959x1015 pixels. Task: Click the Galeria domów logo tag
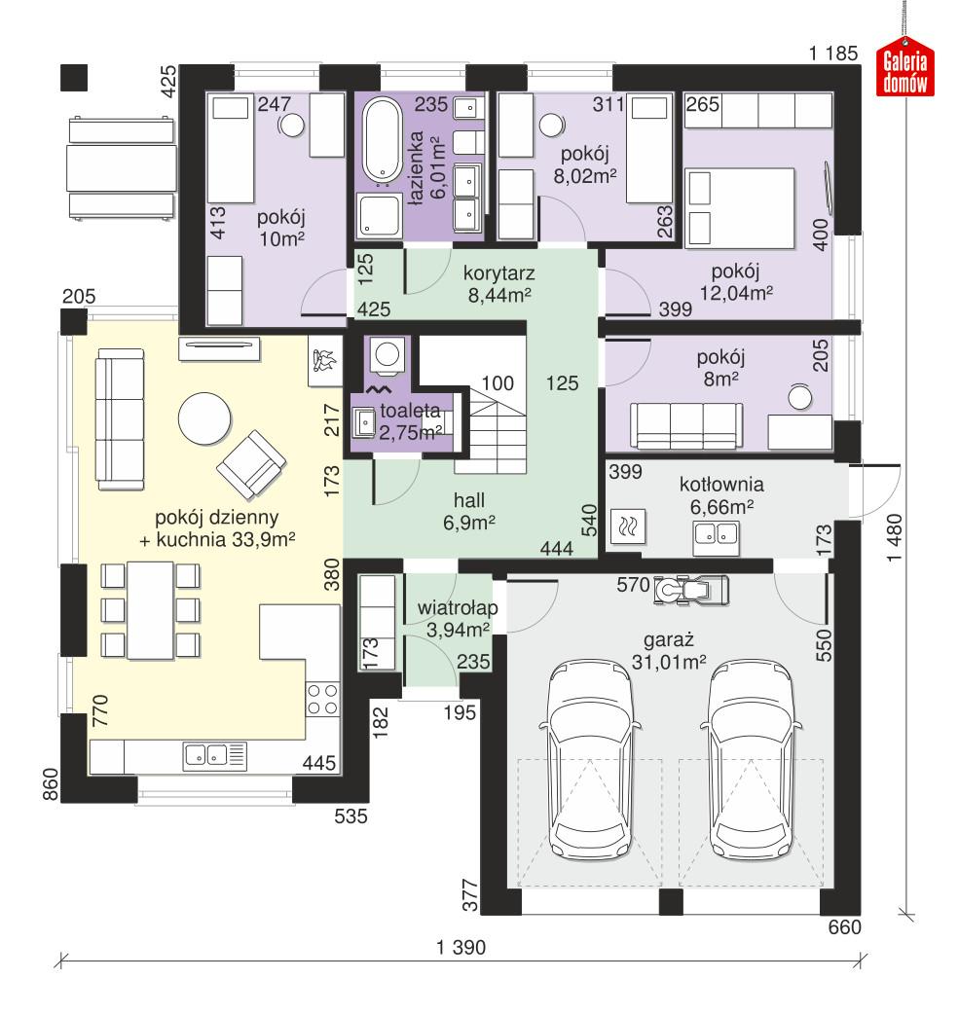(905, 71)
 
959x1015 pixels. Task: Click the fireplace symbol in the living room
(324, 359)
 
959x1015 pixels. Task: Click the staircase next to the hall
(496, 428)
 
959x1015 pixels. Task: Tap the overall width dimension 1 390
(461, 946)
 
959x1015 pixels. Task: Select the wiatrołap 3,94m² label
(458, 619)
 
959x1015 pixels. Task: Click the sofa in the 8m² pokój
(683, 424)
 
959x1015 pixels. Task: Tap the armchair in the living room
(251, 461)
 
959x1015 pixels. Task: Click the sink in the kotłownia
(716, 532)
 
